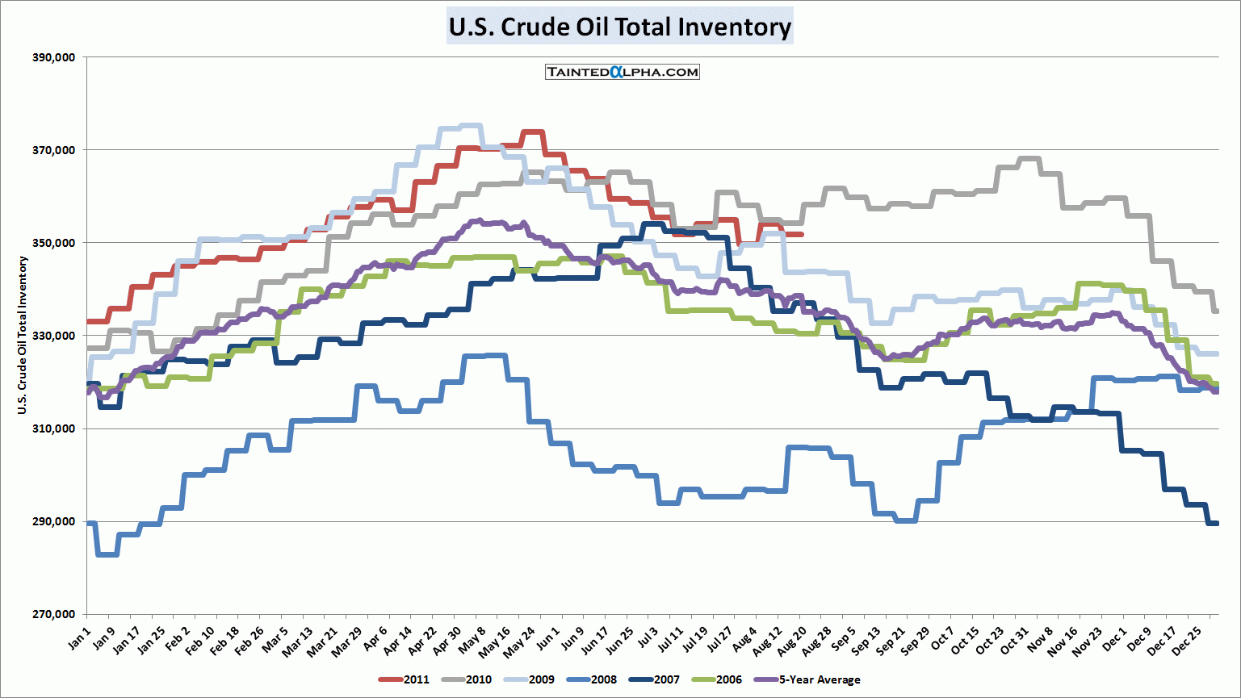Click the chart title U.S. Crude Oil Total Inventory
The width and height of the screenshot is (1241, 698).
[x=619, y=27]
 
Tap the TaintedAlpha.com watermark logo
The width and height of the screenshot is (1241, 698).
[x=622, y=72]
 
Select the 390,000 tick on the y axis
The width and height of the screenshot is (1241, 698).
[x=54, y=57]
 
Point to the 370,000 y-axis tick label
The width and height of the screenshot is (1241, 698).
[x=54, y=150]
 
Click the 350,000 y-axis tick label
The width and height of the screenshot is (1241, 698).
[x=54, y=243]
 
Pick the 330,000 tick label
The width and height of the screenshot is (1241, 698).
[x=54, y=336]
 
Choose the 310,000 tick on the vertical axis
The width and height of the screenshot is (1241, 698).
[x=54, y=428]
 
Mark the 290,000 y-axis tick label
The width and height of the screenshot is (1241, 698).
[x=54, y=521]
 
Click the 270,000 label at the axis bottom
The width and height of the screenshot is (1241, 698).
[x=54, y=614]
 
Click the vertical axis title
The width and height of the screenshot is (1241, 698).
[x=23, y=335]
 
